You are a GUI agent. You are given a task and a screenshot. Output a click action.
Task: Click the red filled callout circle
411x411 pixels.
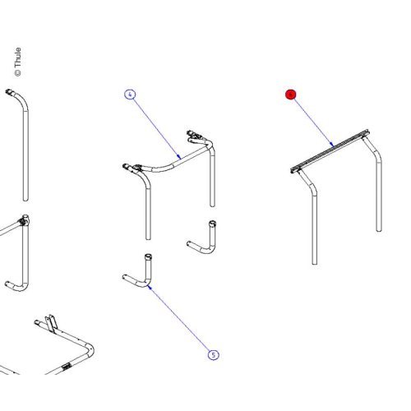[289, 95]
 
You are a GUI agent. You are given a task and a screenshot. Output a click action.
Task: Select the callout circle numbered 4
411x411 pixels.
[130, 95]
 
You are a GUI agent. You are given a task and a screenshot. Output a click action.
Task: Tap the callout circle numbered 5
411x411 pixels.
[214, 355]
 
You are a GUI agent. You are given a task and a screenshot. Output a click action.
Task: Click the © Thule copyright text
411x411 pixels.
[18, 62]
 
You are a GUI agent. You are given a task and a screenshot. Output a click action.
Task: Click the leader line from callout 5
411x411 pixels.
[181, 321]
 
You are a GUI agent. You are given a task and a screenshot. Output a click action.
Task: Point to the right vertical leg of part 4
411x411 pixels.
[213, 181]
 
